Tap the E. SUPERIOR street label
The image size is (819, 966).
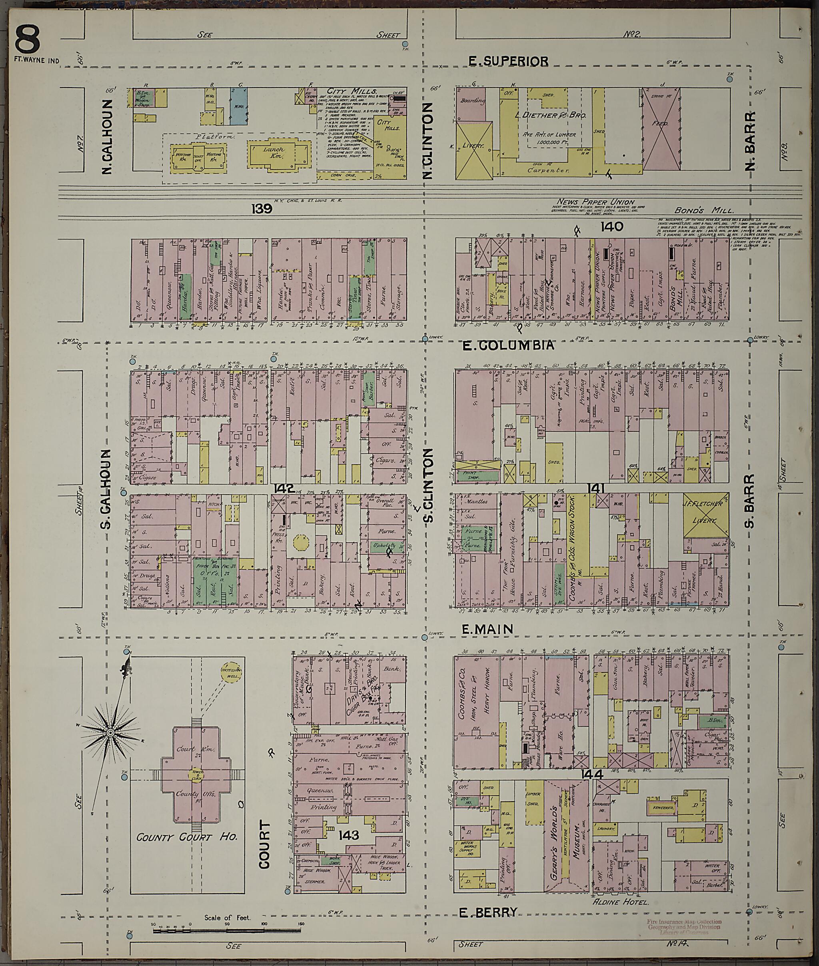[508, 61]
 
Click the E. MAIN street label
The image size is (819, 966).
[487, 629]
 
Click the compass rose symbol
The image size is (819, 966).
[110, 732]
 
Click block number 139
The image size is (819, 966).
[262, 209]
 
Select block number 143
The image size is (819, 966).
[349, 835]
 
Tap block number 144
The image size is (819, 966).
[591, 775]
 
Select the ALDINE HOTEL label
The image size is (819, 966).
[620, 902]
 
